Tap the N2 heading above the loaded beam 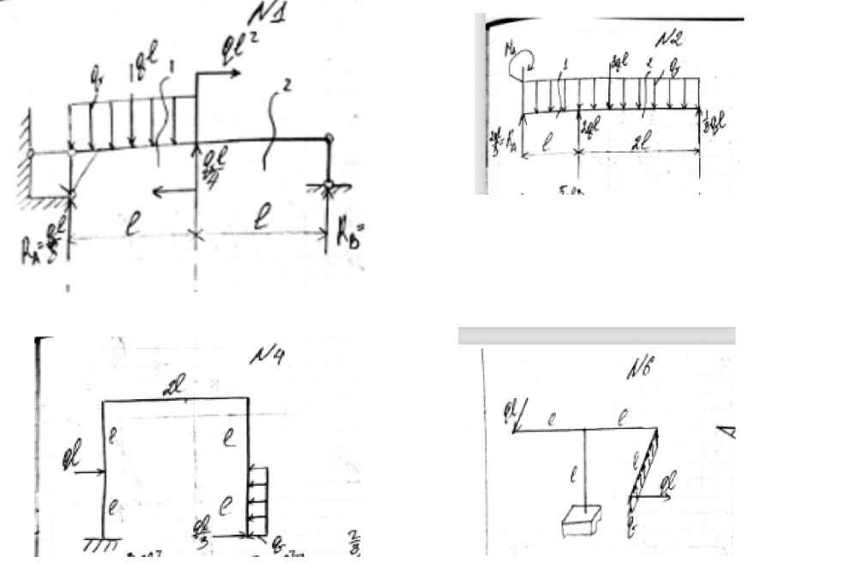pyautogui.click(x=668, y=39)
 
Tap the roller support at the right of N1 pyautogui.click(x=328, y=185)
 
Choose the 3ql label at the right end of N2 pyautogui.click(x=714, y=124)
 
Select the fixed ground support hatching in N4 pyautogui.click(x=102, y=543)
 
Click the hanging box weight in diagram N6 pyautogui.click(x=581, y=520)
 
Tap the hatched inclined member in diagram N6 pyautogui.click(x=644, y=463)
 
